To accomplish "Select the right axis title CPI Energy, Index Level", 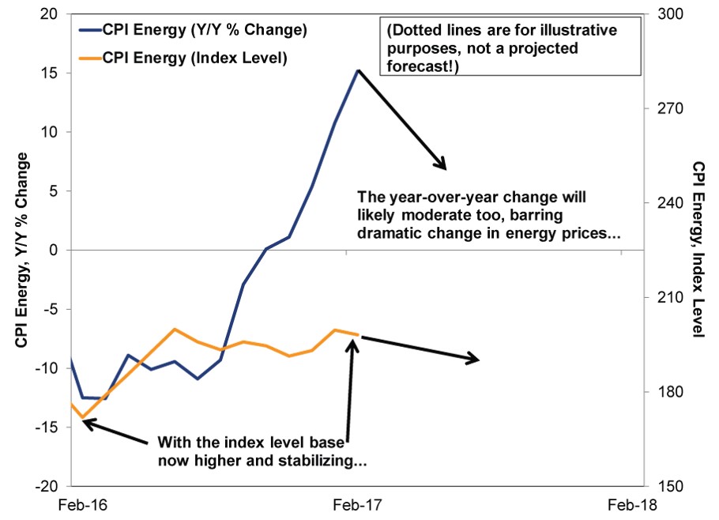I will [698, 251].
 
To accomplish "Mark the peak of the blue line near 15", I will [358, 70].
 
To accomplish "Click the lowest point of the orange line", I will [81, 417].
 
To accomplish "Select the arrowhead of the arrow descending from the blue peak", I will [443, 166].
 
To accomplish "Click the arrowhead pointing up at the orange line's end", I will [354, 345].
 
